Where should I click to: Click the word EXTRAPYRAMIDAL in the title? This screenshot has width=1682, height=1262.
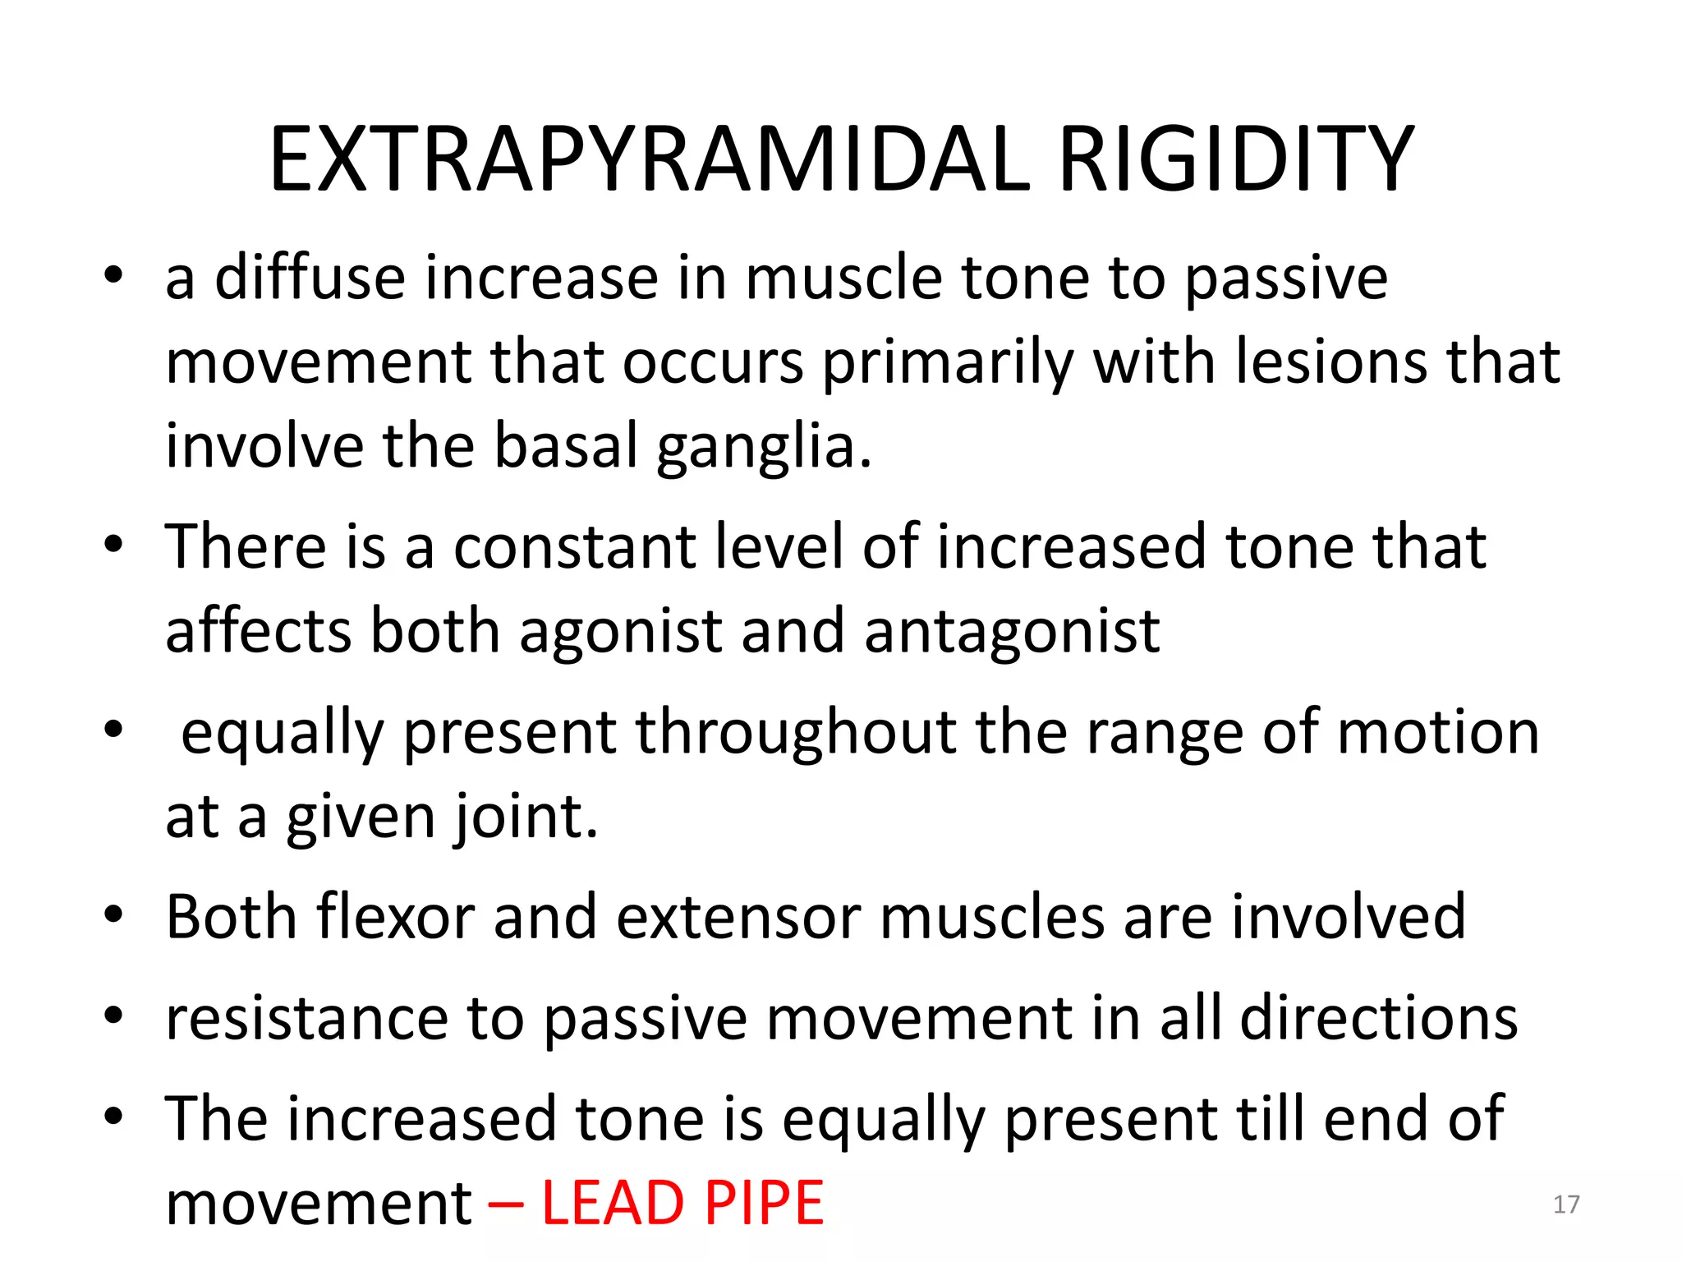649,160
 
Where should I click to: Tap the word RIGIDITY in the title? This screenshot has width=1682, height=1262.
1236,160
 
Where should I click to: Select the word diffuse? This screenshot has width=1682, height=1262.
310,278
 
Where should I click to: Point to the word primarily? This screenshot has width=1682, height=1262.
949,362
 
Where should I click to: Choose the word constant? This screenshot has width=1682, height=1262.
574,546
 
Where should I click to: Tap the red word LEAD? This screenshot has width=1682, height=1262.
613,1204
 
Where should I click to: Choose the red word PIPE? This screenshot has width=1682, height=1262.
764,1204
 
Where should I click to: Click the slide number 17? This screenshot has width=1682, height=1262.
1566,1204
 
